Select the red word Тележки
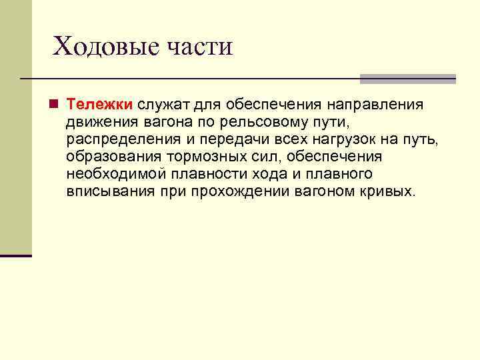pyautogui.click(x=100, y=105)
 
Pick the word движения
pyautogui.click(x=101, y=122)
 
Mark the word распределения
pyautogui.click(x=124, y=139)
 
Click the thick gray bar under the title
pyautogui.click(x=407, y=79)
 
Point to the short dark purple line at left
pyautogui.click(x=16, y=255)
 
